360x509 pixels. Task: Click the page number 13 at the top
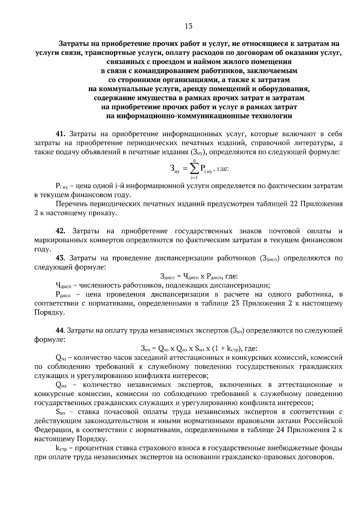click(x=189, y=26)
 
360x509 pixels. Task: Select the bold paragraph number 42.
click(x=61, y=231)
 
